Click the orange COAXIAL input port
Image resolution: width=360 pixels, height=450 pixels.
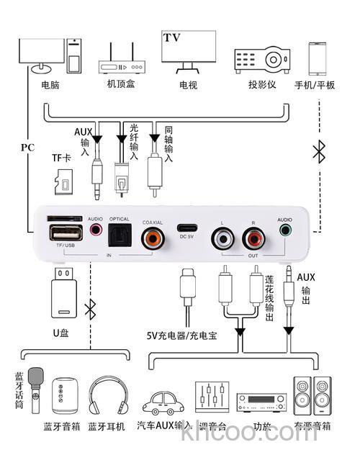point(153,237)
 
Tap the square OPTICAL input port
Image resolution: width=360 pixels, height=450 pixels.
point(119,236)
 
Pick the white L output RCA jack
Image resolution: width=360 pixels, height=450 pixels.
point(221,237)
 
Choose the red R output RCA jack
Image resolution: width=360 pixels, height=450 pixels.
point(253,237)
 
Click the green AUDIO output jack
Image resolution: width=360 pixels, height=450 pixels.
point(287,232)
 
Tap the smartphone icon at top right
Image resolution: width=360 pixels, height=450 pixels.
point(320,57)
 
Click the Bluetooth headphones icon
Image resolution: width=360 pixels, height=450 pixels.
point(106,396)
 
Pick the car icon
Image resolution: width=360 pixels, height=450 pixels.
point(165,402)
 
